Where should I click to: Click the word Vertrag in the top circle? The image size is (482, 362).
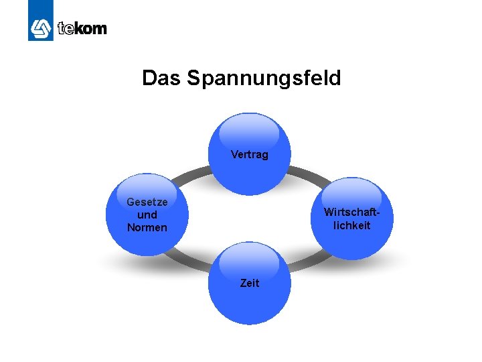[x=249, y=155]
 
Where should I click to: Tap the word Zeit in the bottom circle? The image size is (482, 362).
[x=250, y=284]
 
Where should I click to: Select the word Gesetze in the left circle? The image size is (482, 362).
[x=147, y=202]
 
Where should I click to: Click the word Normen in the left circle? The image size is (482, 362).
[x=147, y=227]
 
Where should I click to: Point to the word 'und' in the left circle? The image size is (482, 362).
[x=147, y=215]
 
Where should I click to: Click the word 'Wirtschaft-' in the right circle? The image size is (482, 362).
[x=351, y=212]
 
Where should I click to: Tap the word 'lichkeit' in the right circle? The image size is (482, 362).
[x=351, y=225]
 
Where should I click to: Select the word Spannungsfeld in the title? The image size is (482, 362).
[x=264, y=79]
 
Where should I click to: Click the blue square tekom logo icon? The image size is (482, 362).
[x=40, y=28]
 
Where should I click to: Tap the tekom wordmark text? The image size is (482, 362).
[x=82, y=29]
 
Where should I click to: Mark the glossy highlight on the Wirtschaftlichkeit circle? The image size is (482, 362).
[x=351, y=191]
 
